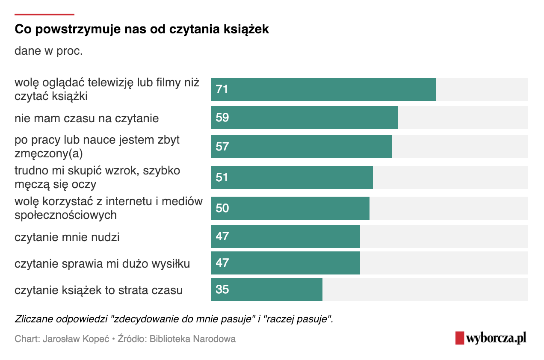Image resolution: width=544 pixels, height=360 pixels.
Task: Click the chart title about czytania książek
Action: [x=142, y=30]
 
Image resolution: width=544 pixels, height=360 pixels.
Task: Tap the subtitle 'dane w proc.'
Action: [x=48, y=51]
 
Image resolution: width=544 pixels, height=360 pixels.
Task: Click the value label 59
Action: [x=222, y=118]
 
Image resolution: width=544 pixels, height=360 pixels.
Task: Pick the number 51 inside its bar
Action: [x=222, y=177]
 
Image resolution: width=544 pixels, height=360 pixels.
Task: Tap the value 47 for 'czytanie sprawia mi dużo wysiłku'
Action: [x=222, y=263]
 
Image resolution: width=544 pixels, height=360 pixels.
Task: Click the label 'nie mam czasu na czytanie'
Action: [x=86, y=118]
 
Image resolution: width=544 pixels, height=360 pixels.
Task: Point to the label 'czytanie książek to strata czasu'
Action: [x=98, y=290]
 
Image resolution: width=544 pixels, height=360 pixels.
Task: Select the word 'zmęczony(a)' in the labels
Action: [x=48, y=153]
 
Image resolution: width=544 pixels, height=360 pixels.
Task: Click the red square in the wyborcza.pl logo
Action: [x=459, y=338]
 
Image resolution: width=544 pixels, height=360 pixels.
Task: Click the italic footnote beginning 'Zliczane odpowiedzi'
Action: [x=174, y=319]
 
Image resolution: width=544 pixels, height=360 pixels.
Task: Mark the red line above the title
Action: [x=44, y=15]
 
